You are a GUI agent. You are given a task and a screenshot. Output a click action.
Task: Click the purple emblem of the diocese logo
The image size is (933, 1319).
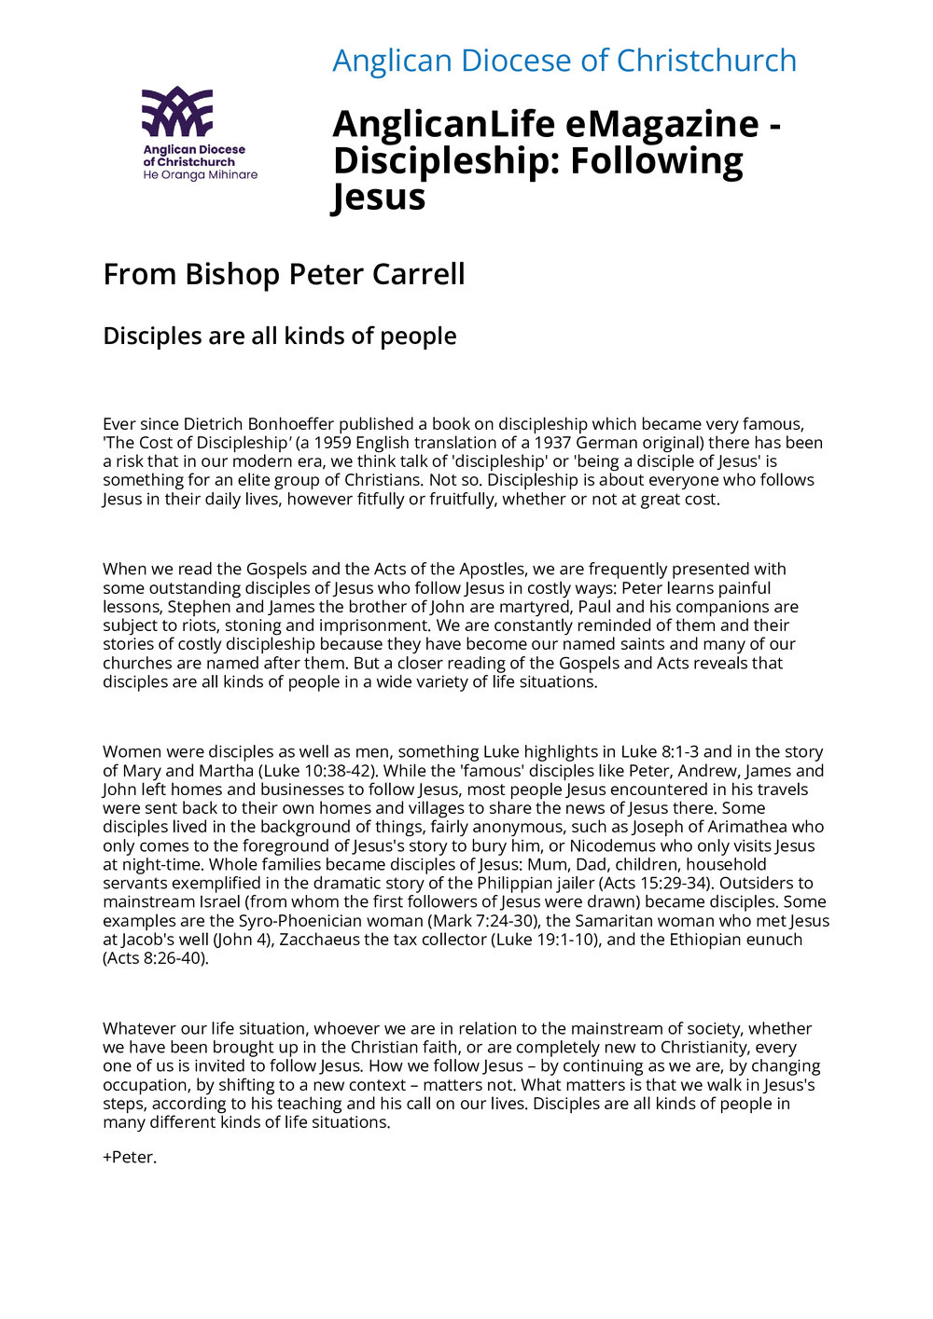click(177, 111)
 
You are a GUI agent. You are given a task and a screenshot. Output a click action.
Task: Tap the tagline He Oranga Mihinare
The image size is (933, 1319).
click(200, 175)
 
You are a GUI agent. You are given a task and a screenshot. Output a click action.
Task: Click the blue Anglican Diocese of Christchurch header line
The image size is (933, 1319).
click(564, 61)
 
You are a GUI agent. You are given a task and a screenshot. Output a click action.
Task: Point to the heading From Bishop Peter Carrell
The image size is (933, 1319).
click(284, 274)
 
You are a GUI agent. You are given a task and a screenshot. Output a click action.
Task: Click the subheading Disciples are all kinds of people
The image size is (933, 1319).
click(280, 336)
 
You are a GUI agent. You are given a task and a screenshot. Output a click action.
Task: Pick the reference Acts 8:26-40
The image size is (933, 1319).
click(155, 957)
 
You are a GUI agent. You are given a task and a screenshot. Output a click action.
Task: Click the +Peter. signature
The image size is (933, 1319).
click(130, 1158)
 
